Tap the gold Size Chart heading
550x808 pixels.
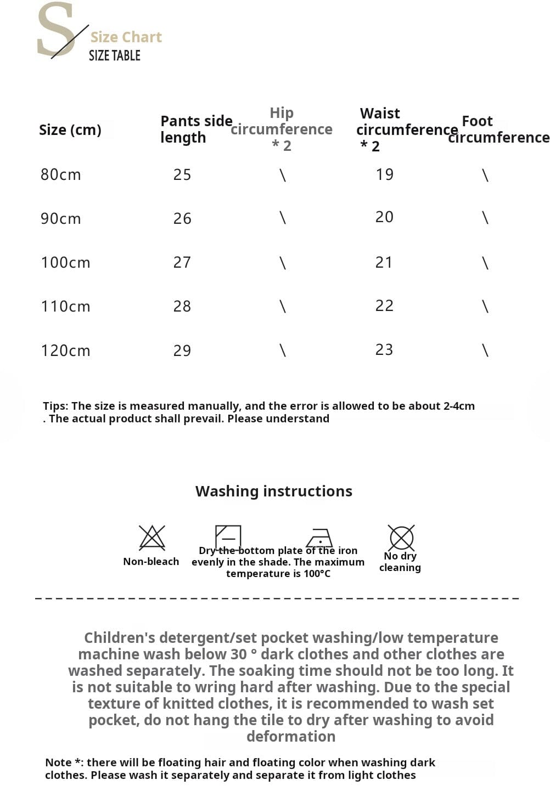[126, 37]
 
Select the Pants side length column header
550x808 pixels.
[195, 129]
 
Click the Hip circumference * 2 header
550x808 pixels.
[282, 129]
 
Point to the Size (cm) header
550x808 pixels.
[70, 130]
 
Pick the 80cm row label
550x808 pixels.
[60, 174]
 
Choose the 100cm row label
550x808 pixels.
[65, 262]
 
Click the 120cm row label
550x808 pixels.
[65, 351]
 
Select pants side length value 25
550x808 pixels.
[182, 174]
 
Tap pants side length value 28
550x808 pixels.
[182, 306]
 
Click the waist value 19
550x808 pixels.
[384, 174]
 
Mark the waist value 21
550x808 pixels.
[384, 262]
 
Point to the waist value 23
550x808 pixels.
[384, 349]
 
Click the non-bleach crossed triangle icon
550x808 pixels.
[152, 538]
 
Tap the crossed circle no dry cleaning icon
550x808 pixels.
[401, 538]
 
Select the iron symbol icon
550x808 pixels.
[319, 538]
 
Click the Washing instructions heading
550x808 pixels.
[274, 491]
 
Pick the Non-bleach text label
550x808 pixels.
[151, 561]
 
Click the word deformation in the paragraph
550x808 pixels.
[291, 736]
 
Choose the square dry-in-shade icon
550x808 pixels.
[228, 536]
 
